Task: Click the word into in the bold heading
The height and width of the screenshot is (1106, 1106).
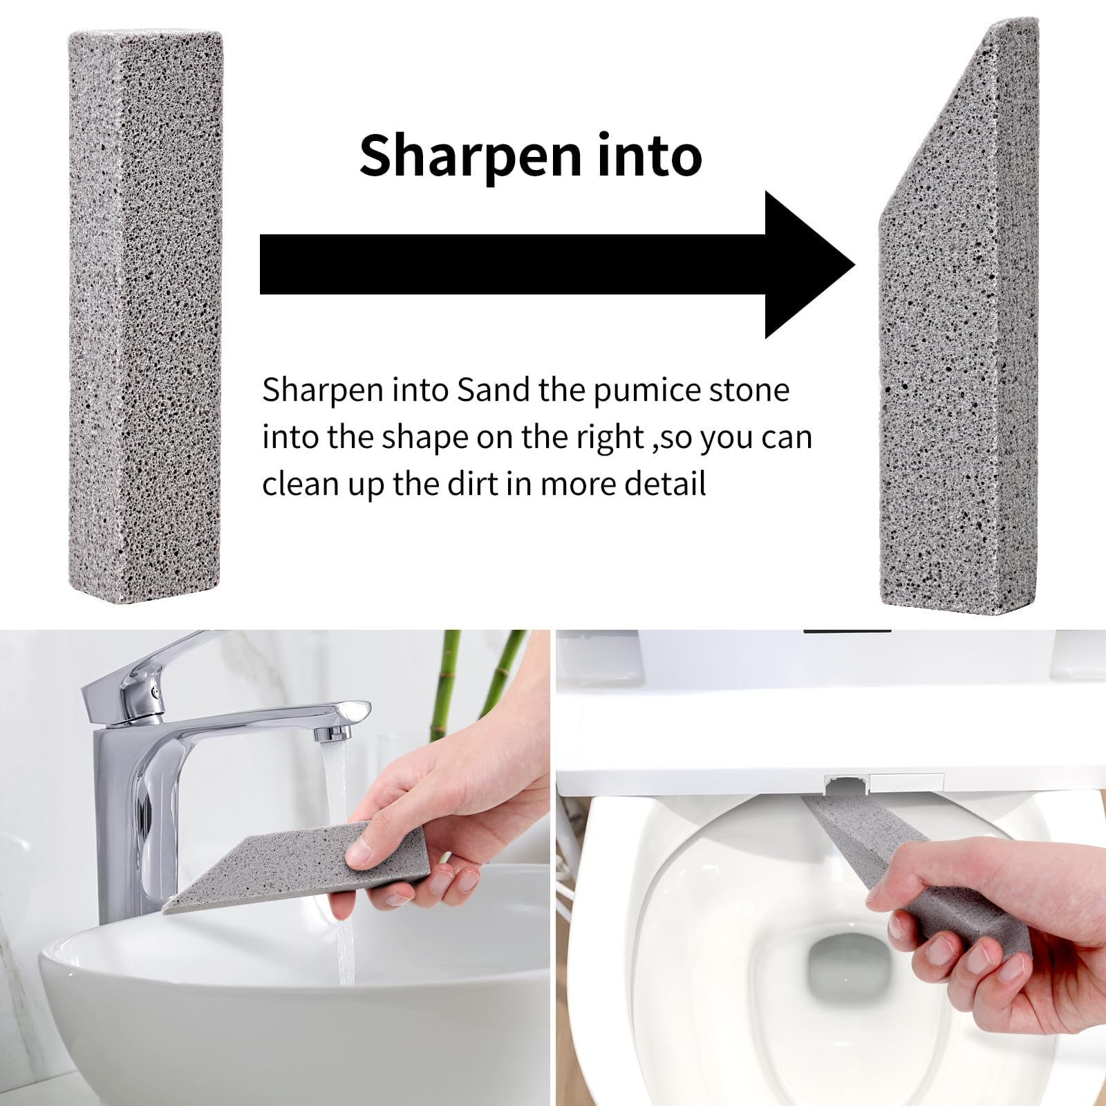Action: (x=650, y=156)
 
